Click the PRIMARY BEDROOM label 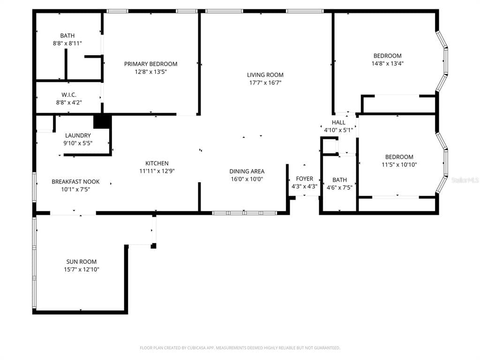150,64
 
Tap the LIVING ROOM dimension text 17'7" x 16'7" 265,82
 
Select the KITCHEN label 157,164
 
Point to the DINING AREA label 247,172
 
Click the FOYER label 304,179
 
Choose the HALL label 338,122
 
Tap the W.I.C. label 69,95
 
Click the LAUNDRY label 78,135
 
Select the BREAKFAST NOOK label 75,182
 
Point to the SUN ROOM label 82,262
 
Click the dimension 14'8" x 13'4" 388,64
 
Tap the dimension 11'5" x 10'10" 399,165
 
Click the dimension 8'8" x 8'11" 67,44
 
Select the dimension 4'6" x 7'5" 339,187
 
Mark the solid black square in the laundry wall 102,121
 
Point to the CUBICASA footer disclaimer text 240,348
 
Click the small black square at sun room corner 154,246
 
